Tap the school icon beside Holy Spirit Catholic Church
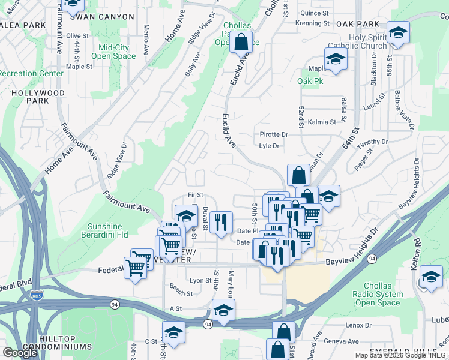click(x=397, y=32)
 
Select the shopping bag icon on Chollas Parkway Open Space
click(x=240, y=43)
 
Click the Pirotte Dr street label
click(x=274, y=134)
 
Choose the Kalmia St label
click(x=322, y=122)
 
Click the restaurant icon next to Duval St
click(x=221, y=223)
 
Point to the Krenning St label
click(x=312, y=23)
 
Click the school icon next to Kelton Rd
click(x=430, y=277)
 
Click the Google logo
click(x=20, y=352)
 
